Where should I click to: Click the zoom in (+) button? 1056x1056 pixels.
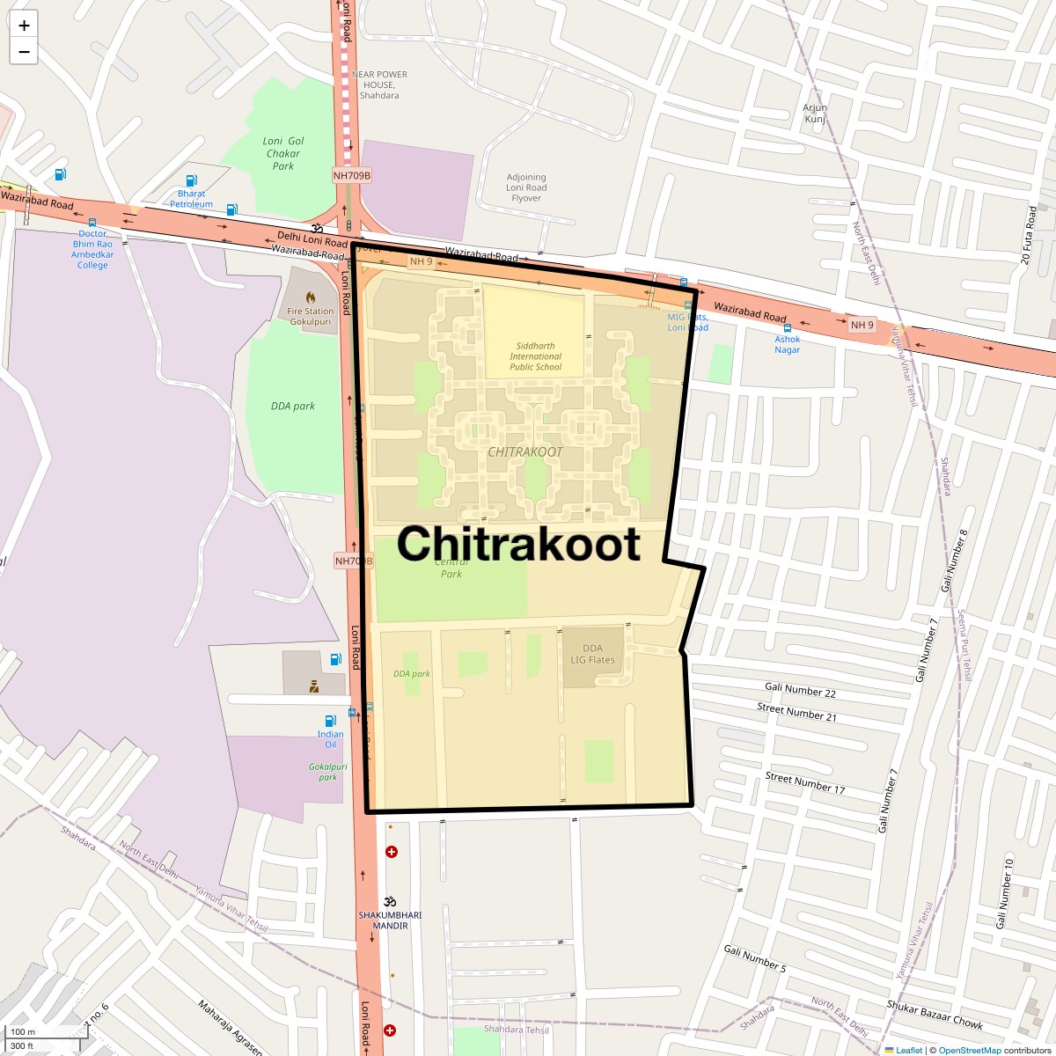[24, 26]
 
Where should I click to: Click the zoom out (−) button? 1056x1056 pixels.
[24, 52]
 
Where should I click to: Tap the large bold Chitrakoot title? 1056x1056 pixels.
[518, 543]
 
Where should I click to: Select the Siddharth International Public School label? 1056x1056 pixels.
[535, 356]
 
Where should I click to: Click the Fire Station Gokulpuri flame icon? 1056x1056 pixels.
[311, 297]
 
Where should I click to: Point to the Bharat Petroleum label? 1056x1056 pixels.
[191, 199]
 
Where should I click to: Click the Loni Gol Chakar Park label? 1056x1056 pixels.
[283, 153]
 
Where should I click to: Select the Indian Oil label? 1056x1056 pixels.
[331, 739]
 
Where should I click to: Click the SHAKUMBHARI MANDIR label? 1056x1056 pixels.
[390, 920]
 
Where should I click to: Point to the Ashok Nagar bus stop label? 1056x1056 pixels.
[788, 344]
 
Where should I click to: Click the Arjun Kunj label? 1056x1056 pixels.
[815, 114]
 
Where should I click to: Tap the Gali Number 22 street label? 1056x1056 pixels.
[800, 691]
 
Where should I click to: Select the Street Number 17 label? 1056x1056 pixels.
[804, 782]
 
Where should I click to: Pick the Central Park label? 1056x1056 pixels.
[451, 568]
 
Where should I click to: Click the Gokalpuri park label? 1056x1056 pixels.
[328, 772]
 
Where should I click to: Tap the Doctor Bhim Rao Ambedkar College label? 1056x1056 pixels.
[92, 249]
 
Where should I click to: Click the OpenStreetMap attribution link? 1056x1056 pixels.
[969, 1050]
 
